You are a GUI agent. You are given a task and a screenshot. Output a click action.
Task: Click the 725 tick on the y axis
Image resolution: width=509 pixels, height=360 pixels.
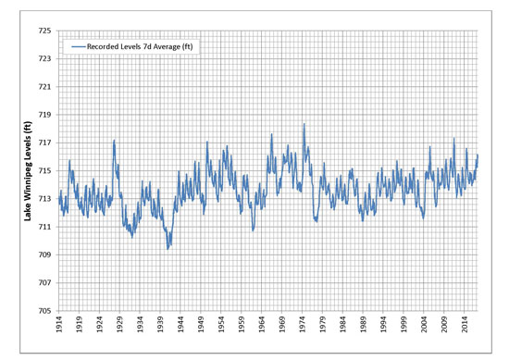[43, 31]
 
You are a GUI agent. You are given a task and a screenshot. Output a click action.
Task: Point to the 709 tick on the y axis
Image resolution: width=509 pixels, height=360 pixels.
[43, 254]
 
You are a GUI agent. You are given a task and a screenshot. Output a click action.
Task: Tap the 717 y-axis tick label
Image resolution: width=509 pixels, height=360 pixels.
[43, 143]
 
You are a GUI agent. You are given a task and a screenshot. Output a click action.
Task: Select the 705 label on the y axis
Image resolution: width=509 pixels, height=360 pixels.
[43, 310]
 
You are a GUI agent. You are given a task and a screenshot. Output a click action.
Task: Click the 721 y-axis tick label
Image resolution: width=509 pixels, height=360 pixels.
[43, 86]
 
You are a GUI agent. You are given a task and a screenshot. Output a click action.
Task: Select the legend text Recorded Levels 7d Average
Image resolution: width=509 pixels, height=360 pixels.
[143, 45]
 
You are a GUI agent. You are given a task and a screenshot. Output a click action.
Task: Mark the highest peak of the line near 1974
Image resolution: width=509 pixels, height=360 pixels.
[304, 124]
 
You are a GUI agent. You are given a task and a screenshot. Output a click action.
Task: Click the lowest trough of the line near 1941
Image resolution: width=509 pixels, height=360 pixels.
[168, 248]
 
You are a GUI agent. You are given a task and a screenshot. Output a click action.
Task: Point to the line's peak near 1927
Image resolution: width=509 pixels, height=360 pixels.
[114, 141]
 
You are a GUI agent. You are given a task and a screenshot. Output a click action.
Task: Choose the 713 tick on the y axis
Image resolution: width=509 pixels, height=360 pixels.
[43, 198]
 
